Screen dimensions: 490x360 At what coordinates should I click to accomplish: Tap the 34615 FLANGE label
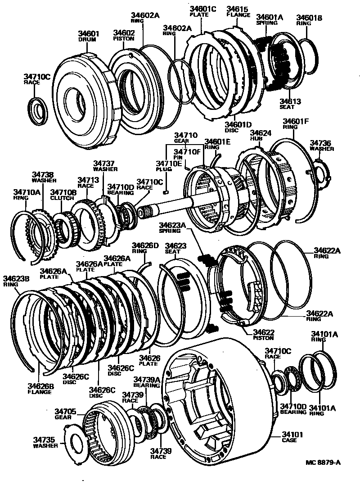(x=238, y=11)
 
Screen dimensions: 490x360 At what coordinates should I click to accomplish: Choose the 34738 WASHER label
(x=43, y=177)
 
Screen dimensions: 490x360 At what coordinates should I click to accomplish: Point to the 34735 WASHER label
(x=45, y=443)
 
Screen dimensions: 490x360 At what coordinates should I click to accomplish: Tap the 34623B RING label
(x=16, y=281)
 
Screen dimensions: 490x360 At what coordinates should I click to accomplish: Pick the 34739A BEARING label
(x=146, y=381)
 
